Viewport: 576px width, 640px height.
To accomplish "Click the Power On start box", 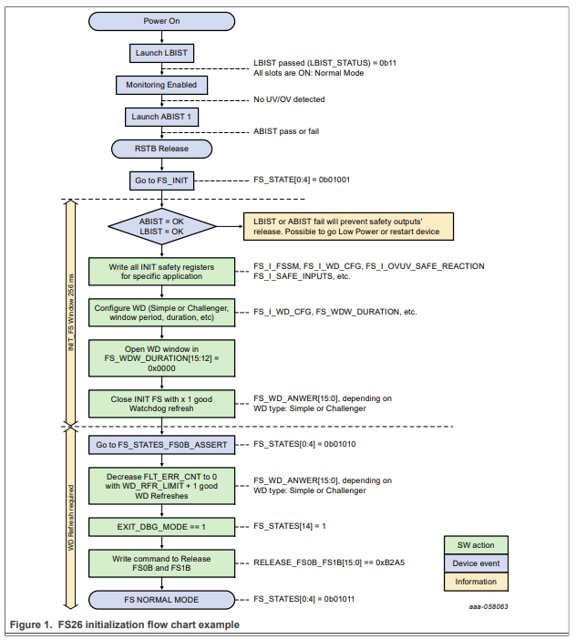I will [x=162, y=21].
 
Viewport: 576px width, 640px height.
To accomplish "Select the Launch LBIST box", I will [x=162, y=53].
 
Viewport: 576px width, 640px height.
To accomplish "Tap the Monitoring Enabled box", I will [x=162, y=85].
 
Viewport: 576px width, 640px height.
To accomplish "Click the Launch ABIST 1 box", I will [x=162, y=117].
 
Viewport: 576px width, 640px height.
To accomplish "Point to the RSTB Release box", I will [x=162, y=148].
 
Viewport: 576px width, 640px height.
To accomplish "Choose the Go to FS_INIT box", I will [x=162, y=181].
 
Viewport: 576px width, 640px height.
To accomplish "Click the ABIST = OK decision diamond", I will [x=162, y=225].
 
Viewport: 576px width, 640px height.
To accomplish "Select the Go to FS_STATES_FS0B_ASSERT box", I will [x=162, y=445].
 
